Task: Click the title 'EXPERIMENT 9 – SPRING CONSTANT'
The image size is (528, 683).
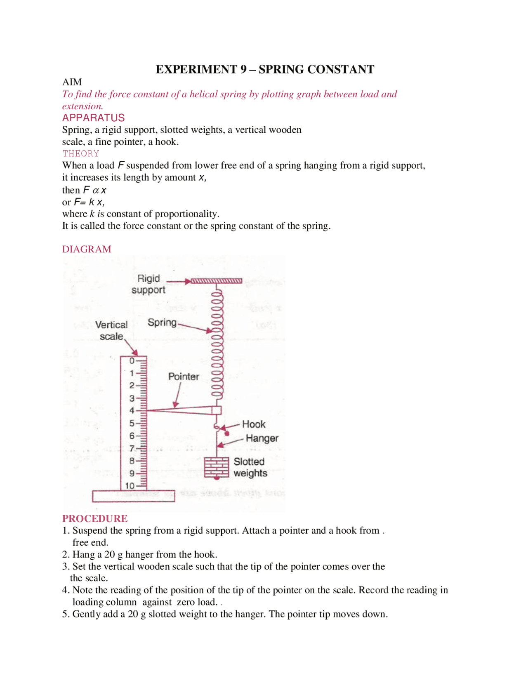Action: (x=264, y=69)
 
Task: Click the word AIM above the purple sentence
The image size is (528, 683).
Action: (x=72, y=82)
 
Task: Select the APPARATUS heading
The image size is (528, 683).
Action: (x=93, y=118)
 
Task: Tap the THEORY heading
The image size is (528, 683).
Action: (x=80, y=153)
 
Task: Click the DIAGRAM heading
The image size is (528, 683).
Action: (x=87, y=249)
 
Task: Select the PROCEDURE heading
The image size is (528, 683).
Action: (x=95, y=518)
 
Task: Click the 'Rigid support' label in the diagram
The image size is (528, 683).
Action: (x=148, y=284)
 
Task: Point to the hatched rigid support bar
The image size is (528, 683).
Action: (x=216, y=281)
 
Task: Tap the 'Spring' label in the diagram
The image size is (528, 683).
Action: (x=162, y=323)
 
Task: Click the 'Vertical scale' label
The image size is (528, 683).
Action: (x=111, y=330)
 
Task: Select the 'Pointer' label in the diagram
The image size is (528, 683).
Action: (x=184, y=377)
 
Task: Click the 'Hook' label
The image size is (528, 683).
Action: (x=254, y=424)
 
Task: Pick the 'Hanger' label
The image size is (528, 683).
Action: (x=262, y=438)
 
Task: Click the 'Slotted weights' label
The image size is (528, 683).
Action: (x=250, y=467)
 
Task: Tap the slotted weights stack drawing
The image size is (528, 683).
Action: (x=217, y=467)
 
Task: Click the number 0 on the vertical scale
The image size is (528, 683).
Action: (x=132, y=361)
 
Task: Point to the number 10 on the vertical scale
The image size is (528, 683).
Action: (x=130, y=486)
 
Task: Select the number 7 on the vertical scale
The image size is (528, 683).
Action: (x=132, y=448)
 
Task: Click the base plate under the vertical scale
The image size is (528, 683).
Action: (x=133, y=496)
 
